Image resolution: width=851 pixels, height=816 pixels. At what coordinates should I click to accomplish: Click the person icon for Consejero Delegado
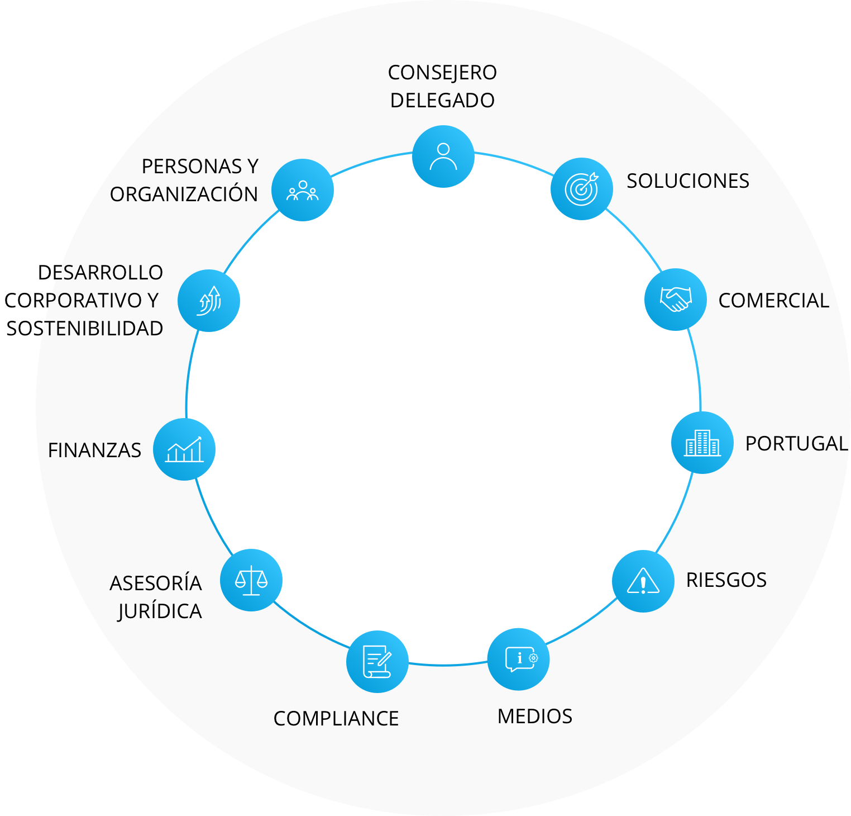click(x=443, y=156)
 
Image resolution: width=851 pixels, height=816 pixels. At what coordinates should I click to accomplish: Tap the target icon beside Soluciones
click(x=582, y=189)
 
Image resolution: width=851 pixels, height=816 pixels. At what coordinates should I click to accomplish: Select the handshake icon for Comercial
click(x=676, y=300)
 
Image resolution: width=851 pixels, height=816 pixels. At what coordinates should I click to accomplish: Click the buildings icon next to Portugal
click(x=702, y=443)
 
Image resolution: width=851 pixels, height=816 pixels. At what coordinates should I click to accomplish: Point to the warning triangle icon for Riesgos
click(x=643, y=581)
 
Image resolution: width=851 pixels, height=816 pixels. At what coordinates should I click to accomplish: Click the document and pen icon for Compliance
click(x=377, y=662)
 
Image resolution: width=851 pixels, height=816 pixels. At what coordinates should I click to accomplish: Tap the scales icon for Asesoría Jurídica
click(x=251, y=580)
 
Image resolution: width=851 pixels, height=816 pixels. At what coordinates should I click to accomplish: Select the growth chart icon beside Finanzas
click(x=184, y=449)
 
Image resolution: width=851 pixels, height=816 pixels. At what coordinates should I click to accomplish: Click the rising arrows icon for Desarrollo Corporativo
click(x=209, y=301)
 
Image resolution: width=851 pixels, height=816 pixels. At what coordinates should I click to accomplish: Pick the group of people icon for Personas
click(x=303, y=190)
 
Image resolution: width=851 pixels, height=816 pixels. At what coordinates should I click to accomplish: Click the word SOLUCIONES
click(x=688, y=181)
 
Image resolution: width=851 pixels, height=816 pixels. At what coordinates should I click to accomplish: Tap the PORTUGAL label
click(x=797, y=444)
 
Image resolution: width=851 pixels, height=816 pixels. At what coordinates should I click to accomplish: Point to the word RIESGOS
click(x=726, y=580)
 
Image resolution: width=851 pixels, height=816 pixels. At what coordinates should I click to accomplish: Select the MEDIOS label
click(x=535, y=717)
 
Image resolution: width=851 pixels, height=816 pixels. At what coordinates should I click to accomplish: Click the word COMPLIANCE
click(x=336, y=719)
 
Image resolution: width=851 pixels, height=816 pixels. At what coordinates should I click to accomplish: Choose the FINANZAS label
click(x=95, y=450)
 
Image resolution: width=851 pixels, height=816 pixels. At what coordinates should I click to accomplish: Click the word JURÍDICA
click(x=160, y=611)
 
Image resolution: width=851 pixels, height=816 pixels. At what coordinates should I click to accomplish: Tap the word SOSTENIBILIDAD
click(x=85, y=329)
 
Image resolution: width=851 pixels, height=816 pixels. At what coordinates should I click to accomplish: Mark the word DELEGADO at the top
click(x=443, y=101)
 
